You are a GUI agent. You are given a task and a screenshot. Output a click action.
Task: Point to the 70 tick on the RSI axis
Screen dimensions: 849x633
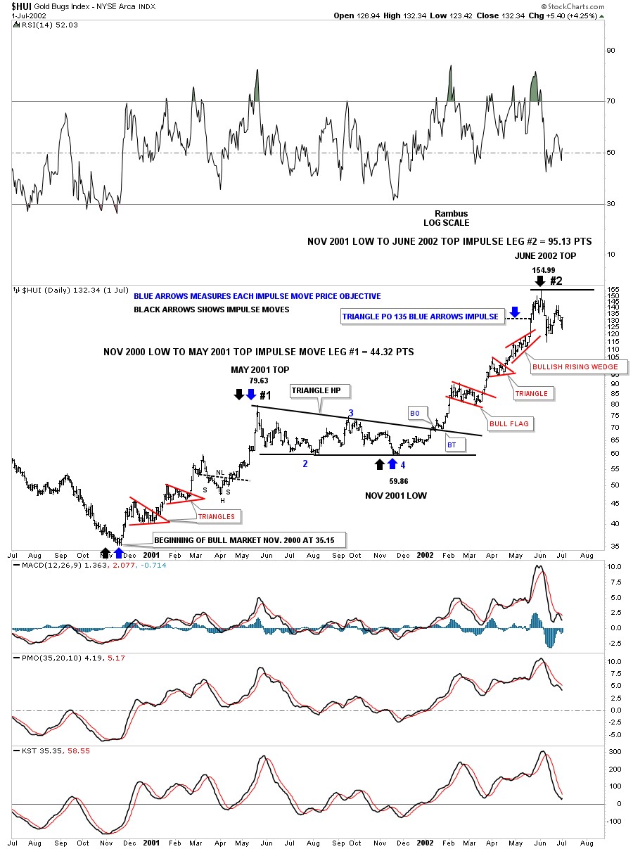tap(610, 101)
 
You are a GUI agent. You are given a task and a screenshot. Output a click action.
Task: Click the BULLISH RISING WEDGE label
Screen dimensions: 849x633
tap(574, 366)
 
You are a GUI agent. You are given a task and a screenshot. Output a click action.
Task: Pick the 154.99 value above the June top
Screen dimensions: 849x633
tap(543, 270)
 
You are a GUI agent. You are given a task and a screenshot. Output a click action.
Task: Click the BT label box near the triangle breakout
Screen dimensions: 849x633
tap(452, 445)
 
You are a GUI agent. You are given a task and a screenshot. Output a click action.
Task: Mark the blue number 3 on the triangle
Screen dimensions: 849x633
tap(351, 413)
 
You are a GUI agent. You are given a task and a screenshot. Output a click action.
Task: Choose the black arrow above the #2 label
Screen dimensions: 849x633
tap(540, 279)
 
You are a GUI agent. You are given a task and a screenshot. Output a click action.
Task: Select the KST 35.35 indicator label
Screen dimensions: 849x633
tap(29, 750)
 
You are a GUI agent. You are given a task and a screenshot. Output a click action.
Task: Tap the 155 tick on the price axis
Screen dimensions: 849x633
tap(613, 290)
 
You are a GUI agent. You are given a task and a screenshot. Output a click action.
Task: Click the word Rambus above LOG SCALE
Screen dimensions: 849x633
tap(450, 213)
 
